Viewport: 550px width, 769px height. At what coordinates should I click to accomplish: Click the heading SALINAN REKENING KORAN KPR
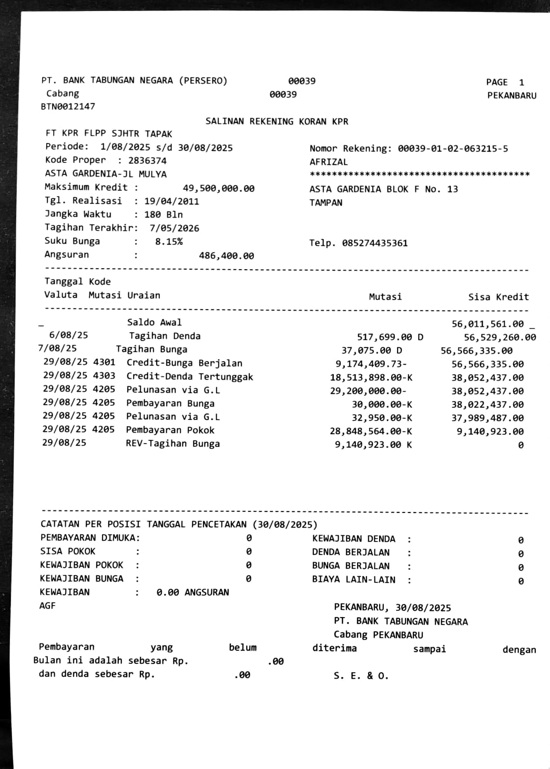point(277,121)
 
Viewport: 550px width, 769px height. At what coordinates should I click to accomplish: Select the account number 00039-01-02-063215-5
point(453,149)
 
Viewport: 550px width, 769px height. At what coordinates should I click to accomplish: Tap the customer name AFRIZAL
point(329,162)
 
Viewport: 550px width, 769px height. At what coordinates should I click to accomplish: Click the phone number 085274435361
point(374,243)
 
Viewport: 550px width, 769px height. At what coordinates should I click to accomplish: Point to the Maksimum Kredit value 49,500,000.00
point(218,188)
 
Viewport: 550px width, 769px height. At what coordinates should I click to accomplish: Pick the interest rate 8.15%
point(169,242)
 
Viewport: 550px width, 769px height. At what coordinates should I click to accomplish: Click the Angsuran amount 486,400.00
point(226,256)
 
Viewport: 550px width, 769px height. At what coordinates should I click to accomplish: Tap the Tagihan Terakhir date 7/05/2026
point(174,228)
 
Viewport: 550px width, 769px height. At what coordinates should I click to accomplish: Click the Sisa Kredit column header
point(498,297)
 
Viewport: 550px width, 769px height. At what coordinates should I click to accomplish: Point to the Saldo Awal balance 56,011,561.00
point(487,324)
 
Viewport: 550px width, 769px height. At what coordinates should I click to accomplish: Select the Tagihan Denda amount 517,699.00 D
point(390,337)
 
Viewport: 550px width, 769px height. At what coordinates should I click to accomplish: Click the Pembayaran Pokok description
point(170,430)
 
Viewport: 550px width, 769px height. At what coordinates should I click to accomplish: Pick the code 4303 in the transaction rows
point(104,376)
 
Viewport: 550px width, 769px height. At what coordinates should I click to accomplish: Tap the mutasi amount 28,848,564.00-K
point(371,431)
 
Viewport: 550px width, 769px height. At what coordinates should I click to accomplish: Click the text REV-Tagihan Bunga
point(172,444)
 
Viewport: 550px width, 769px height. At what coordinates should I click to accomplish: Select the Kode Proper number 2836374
point(147,161)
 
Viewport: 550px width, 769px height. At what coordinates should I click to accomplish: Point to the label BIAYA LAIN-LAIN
point(353,580)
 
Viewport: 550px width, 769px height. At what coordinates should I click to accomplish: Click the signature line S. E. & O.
point(361,676)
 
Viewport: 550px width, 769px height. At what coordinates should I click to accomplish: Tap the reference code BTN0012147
point(68,107)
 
